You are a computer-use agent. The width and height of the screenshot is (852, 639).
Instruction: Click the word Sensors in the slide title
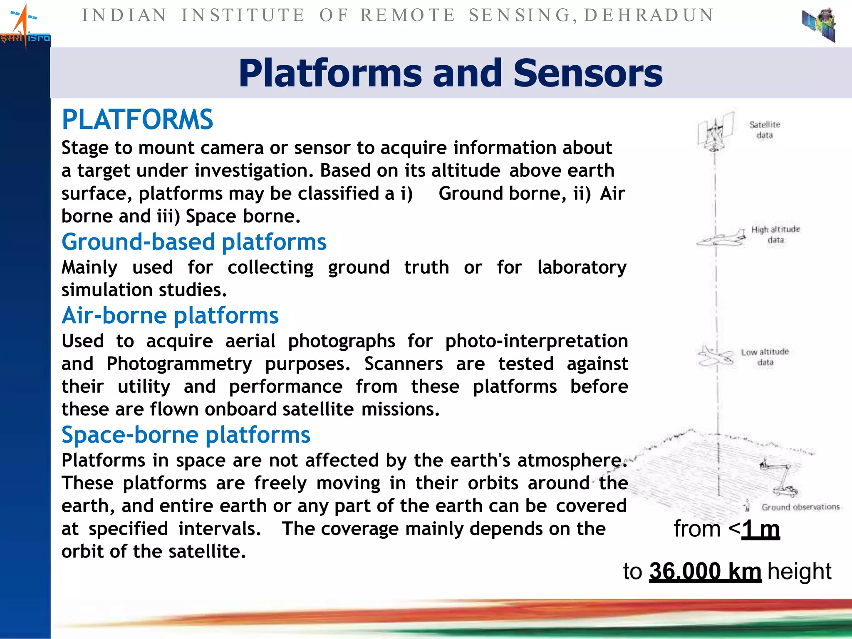(587, 73)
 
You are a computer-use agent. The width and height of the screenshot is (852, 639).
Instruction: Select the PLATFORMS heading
(137, 120)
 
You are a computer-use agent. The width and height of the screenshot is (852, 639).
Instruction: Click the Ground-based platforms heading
(194, 242)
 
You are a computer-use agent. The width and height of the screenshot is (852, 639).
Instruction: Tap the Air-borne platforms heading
(170, 316)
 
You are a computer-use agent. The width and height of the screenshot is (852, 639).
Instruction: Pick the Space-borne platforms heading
(186, 435)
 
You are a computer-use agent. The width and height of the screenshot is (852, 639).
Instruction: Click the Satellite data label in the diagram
(765, 130)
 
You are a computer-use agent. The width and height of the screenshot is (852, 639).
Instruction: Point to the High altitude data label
(775, 235)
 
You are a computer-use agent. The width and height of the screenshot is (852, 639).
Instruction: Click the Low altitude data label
(765, 357)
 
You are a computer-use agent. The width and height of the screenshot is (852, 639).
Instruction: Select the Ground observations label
(800, 507)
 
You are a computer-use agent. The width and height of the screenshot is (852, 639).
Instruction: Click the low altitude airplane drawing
(715, 356)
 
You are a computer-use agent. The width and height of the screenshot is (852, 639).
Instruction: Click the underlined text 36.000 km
(705, 572)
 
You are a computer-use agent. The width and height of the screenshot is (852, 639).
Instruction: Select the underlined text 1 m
(760, 530)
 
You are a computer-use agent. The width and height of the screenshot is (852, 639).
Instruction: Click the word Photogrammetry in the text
(179, 364)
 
